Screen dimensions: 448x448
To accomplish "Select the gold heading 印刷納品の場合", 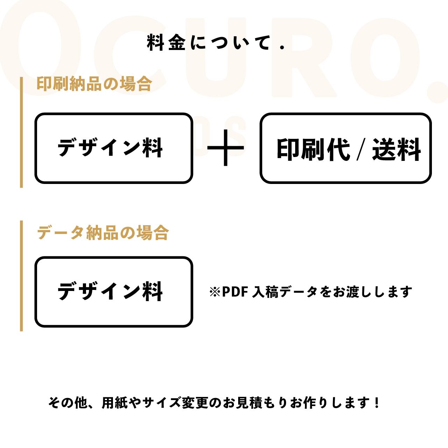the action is point(94,84).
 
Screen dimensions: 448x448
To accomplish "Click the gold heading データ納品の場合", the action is point(103,233).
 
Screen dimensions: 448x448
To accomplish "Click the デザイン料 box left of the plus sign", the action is point(114,148).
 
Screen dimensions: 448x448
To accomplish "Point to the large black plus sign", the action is point(226,148).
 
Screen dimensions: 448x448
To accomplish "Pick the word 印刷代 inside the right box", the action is point(313,149).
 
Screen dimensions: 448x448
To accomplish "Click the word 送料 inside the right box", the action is point(396,149).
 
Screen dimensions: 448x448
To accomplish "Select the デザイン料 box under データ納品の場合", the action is point(114,292).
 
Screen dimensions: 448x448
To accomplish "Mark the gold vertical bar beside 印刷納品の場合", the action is point(21,132).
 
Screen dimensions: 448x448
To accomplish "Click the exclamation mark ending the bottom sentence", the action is point(376,403).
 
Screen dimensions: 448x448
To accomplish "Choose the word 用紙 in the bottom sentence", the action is point(112,403).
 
